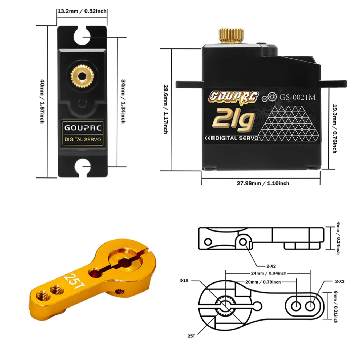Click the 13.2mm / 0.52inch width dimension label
coord(82,11)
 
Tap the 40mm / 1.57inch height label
coord(43,101)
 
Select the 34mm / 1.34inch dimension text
coord(123,101)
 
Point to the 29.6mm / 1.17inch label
coord(166,109)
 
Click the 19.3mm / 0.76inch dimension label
coord(335,128)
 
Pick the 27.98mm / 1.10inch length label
coord(263,183)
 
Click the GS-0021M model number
coord(298,97)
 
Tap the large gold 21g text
coord(234,120)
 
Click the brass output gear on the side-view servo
coord(231,36)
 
